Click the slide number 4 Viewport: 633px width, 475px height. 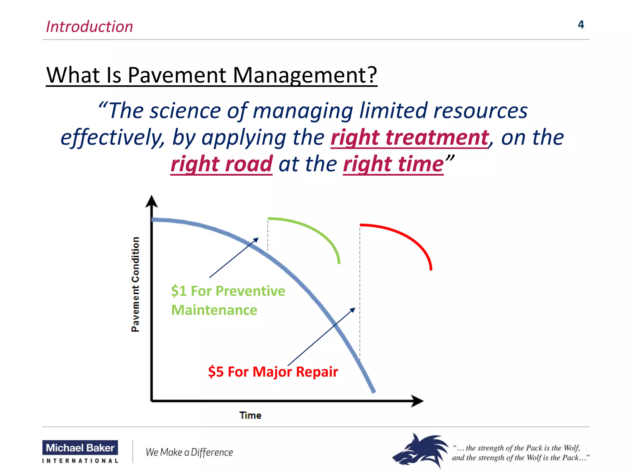coord(580,25)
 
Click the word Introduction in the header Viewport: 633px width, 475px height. coord(89,27)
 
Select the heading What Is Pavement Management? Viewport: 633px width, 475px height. coord(211,75)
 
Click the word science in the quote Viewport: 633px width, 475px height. coord(185,111)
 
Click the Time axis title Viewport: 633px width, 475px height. coord(250,415)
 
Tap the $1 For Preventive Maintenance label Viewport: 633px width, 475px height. coord(228,300)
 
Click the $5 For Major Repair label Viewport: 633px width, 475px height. coord(273,372)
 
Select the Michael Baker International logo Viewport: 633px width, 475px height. coord(80,452)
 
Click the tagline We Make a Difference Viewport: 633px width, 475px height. coord(189,452)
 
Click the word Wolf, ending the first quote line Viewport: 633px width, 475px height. coord(571,448)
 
